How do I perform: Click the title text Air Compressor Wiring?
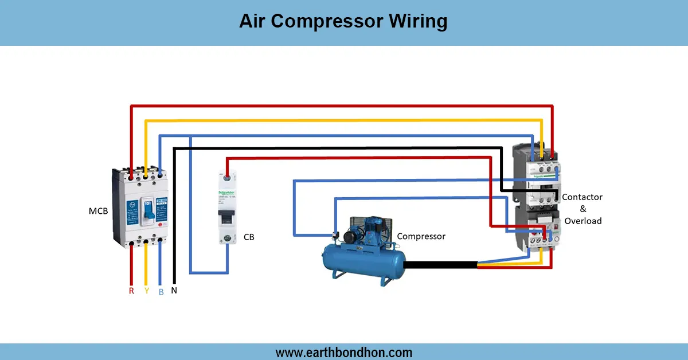pyautogui.click(x=343, y=21)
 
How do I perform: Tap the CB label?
pyautogui.click(x=249, y=237)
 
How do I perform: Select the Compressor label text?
pyautogui.click(x=421, y=236)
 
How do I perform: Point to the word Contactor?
pyautogui.click(x=582, y=197)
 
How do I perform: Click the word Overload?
pyautogui.click(x=583, y=221)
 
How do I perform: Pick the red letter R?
pyautogui.click(x=131, y=291)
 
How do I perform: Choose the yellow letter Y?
pyautogui.click(x=146, y=291)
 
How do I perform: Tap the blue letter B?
pyautogui.click(x=161, y=291)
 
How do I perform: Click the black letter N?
pyautogui.click(x=174, y=291)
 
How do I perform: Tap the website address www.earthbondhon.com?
pyautogui.click(x=343, y=352)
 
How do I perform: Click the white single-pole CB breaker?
pyautogui.click(x=228, y=209)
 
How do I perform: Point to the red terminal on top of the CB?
pyautogui.click(x=228, y=179)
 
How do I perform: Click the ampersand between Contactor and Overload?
pyautogui.click(x=583, y=209)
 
